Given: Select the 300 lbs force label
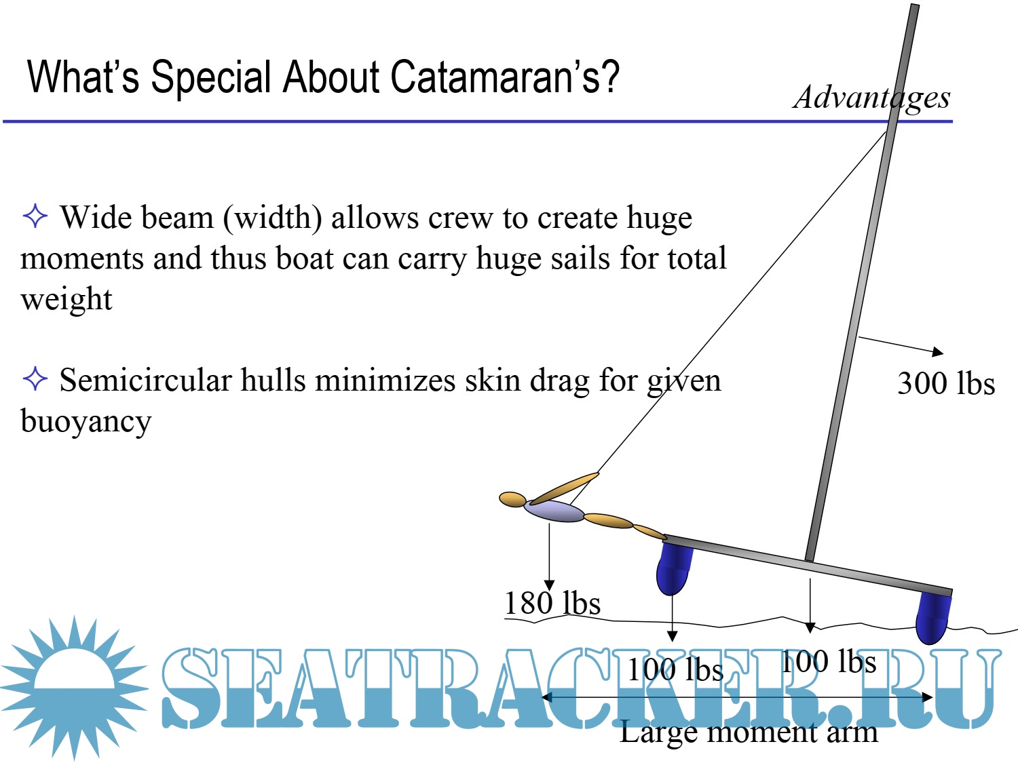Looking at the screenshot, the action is (946, 384).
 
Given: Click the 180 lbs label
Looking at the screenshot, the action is (552, 603).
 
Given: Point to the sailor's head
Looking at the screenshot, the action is (512, 499).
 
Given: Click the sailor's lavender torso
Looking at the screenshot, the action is (554, 511).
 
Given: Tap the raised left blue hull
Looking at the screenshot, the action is (673, 570).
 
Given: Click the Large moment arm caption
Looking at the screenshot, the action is (749, 733).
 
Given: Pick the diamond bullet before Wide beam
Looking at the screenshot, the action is (35, 216).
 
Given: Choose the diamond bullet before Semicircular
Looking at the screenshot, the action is (35, 378).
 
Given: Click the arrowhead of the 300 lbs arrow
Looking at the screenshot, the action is (938, 351).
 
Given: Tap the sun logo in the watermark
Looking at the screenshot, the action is (74, 688).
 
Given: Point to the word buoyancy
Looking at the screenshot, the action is (86, 422).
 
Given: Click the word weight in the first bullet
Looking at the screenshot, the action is (67, 299).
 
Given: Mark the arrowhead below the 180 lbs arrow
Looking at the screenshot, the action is (550, 585).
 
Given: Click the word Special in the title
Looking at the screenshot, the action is (211, 78).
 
